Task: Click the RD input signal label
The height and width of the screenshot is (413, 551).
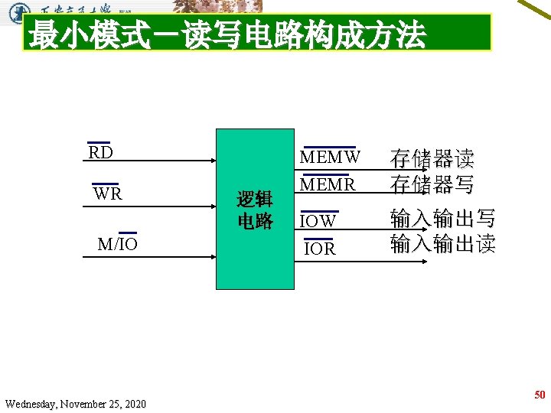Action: click(100, 152)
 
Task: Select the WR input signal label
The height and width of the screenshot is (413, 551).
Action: click(107, 193)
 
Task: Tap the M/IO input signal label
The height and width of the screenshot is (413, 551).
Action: click(117, 244)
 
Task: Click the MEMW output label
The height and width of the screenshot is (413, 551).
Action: click(330, 158)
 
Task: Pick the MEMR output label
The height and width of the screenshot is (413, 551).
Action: click(328, 185)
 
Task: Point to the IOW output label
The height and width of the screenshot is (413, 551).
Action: click(318, 221)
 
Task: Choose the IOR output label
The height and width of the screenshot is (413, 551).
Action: click(319, 249)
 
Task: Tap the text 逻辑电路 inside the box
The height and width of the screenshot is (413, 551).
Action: click(254, 210)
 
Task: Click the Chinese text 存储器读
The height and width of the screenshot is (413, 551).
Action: click(432, 159)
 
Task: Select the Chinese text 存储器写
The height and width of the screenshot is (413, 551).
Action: click(432, 184)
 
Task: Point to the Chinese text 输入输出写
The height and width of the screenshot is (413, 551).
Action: click(442, 219)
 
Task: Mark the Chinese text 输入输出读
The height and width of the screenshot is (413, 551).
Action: click(442, 244)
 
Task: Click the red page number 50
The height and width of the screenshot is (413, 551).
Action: click(540, 395)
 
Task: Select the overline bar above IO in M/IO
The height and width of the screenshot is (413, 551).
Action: click(128, 233)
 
